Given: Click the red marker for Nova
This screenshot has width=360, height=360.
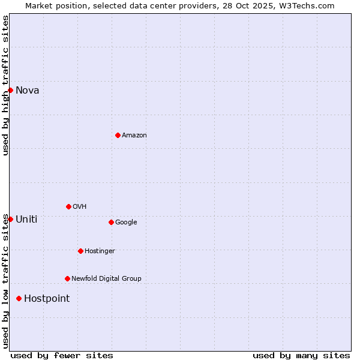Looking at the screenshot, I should [10, 90].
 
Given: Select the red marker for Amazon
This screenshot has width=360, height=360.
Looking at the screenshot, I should [118, 135].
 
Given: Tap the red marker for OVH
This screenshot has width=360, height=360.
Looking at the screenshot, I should [68, 206].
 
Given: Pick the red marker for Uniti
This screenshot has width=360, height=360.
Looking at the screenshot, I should [10, 219].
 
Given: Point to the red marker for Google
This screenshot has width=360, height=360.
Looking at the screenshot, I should [111, 222].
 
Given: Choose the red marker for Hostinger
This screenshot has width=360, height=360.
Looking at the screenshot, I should [80, 251].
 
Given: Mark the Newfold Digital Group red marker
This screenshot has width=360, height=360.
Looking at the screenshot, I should [67, 278].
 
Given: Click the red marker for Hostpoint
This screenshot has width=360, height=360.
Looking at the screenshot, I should [19, 298].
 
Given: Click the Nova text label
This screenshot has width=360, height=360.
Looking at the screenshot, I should [28, 91].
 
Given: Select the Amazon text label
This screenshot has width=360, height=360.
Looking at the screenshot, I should [134, 136].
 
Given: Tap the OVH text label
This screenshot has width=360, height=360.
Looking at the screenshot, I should [80, 207].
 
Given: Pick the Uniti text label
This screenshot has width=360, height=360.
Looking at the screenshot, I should [26, 220].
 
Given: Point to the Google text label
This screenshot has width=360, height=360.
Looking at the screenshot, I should [126, 223].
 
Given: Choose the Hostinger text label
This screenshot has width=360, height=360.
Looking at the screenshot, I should [100, 251].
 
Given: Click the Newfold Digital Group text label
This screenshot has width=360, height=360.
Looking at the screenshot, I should [106, 279].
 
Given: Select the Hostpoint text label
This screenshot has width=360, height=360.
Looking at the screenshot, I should [47, 299].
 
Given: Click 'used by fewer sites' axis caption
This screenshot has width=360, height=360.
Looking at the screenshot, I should [62, 356].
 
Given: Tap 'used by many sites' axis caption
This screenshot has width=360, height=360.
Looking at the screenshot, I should [301, 356].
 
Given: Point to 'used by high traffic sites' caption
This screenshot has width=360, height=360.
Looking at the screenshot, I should [5, 85].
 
